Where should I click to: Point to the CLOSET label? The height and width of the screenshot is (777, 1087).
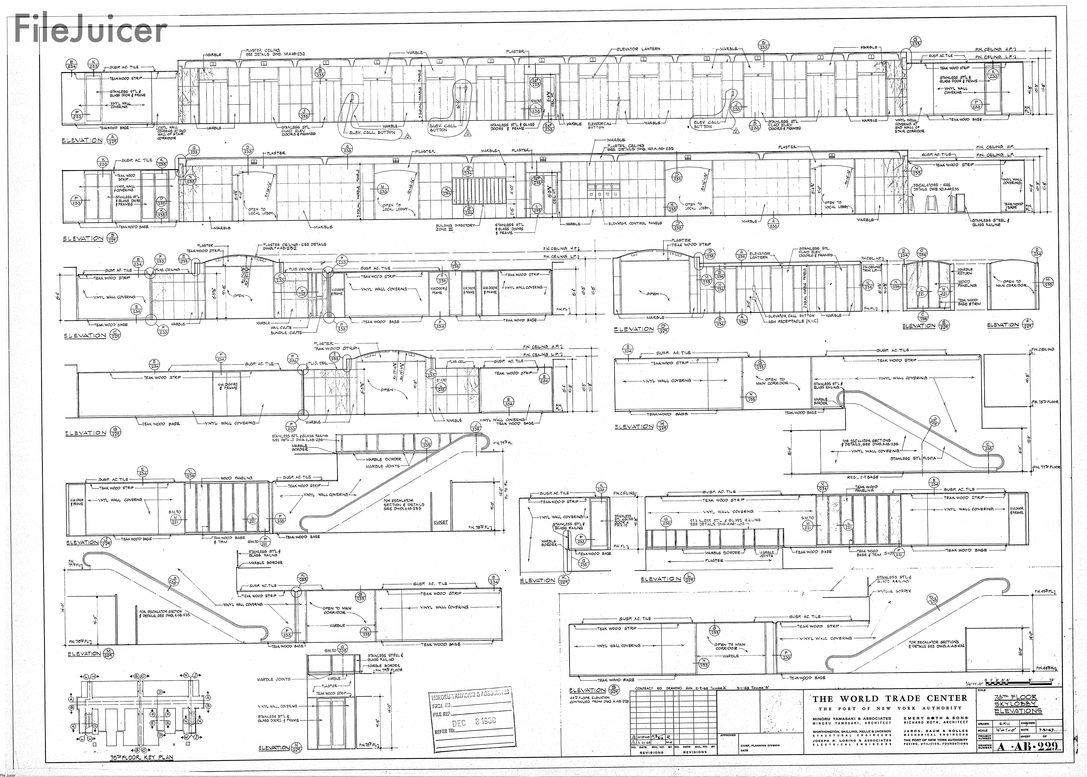coord(440,522)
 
